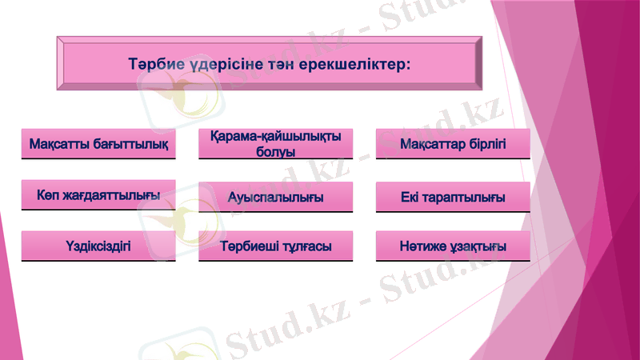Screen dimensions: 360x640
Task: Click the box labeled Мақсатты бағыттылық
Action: pyautogui.click(x=98, y=145)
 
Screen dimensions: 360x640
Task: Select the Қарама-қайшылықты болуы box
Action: pyautogui.click(x=275, y=144)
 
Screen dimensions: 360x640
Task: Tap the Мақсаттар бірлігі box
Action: pyautogui.click(x=453, y=145)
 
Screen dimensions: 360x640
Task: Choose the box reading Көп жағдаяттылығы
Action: pyautogui.click(x=98, y=195)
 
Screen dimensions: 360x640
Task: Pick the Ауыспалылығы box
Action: pyautogui.click(x=275, y=197)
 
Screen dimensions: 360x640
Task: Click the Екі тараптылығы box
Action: pyautogui.click(x=453, y=197)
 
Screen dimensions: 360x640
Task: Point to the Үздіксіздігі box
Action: pyautogui.click(x=98, y=246)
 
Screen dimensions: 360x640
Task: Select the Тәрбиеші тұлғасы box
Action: pyautogui.click(x=275, y=246)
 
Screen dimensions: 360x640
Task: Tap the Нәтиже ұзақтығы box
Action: pyautogui.click(x=453, y=246)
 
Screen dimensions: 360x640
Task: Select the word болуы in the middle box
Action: pyautogui.click(x=275, y=152)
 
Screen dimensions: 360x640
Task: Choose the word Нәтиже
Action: pyautogui.click(x=423, y=246)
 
